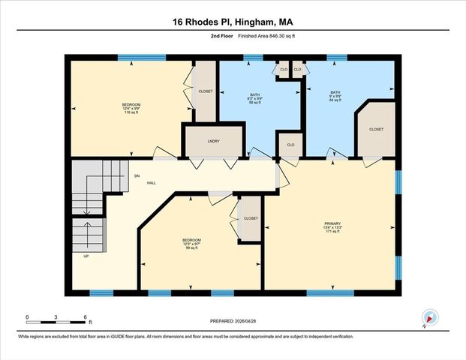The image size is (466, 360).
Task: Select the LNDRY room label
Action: click(x=214, y=140)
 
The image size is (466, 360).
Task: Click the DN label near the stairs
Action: click(x=137, y=175)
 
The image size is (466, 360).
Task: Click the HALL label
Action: click(x=151, y=182)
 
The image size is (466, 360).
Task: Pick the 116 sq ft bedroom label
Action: click(x=131, y=108)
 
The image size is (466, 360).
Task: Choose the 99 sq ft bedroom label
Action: click(x=191, y=244)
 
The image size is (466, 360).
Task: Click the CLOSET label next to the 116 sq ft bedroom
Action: click(x=206, y=91)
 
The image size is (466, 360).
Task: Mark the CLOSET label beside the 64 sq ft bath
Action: click(x=376, y=129)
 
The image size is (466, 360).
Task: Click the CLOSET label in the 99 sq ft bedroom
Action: click(x=251, y=218)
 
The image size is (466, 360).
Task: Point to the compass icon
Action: click(x=429, y=318)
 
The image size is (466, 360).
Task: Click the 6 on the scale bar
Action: click(x=86, y=317)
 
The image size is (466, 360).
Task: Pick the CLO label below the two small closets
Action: click(x=290, y=144)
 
